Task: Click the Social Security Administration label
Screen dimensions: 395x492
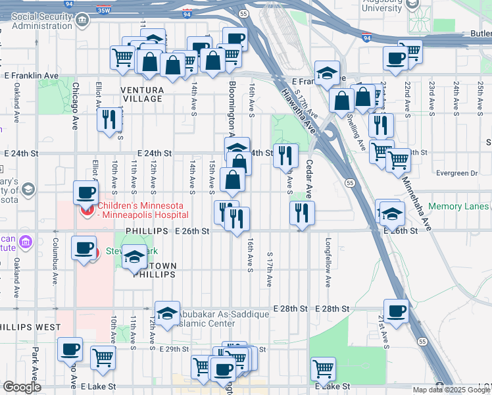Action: coord(41,20)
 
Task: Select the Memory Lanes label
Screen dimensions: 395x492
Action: coord(458,206)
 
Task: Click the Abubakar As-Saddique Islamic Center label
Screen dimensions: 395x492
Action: coord(217,319)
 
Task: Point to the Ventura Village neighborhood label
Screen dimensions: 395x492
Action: coord(141,93)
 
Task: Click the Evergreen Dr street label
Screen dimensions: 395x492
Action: coord(455,173)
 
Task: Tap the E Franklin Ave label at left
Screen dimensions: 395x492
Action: coord(32,76)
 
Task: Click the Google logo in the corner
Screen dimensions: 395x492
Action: coord(22,387)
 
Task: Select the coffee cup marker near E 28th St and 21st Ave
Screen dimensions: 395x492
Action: coord(396,311)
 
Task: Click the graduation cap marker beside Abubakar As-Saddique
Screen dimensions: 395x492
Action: coord(167,313)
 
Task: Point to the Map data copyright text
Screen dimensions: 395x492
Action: coord(451,390)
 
